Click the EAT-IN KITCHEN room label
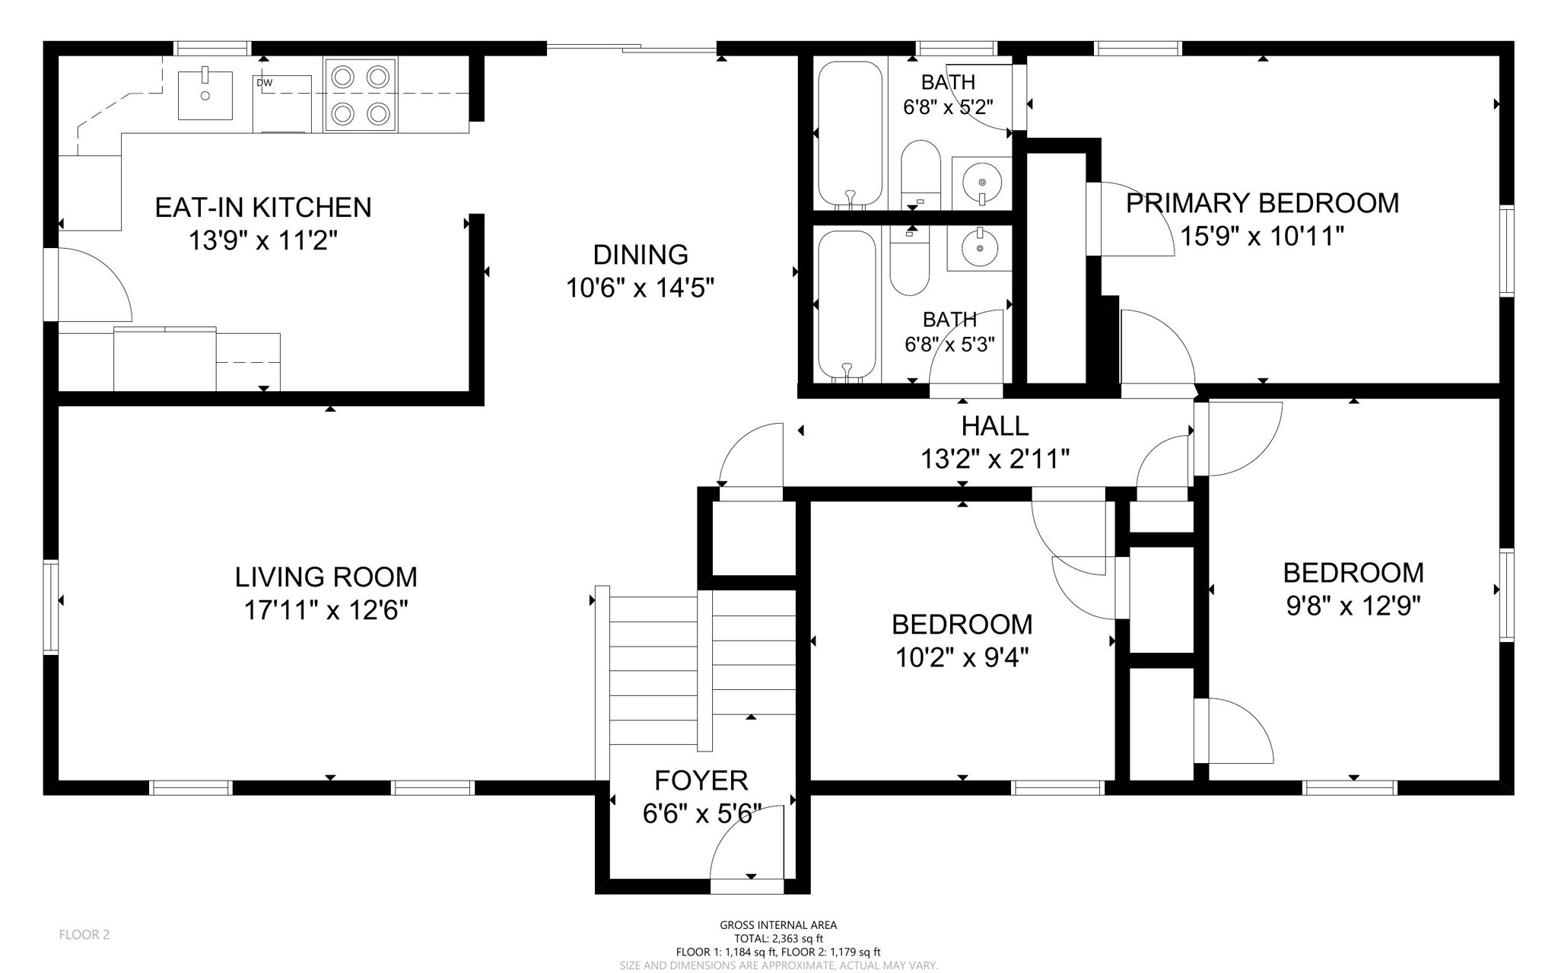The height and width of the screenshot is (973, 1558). tap(263, 207)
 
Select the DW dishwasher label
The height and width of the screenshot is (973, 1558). tap(264, 83)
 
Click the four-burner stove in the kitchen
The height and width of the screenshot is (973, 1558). tap(361, 95)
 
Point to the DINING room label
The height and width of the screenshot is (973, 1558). tap(641, 254)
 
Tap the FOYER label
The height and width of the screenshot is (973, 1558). tap(701, 781)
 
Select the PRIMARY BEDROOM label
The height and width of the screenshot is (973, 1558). tap(1262, 204)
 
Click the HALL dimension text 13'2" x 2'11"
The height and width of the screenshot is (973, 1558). tap(995, 459)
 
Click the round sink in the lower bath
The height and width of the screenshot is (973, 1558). tap(979, 246)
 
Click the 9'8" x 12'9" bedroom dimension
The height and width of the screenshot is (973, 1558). tap(1353, 606)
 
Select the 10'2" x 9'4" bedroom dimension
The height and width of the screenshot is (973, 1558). tap(962, 657)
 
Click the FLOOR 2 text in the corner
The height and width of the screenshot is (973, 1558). tap(84, 935)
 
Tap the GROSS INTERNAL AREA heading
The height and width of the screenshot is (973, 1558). tap(778, 925)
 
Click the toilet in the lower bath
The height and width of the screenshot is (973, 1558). tap(910, 262)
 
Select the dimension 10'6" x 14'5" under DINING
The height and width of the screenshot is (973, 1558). tap(641, 288)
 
